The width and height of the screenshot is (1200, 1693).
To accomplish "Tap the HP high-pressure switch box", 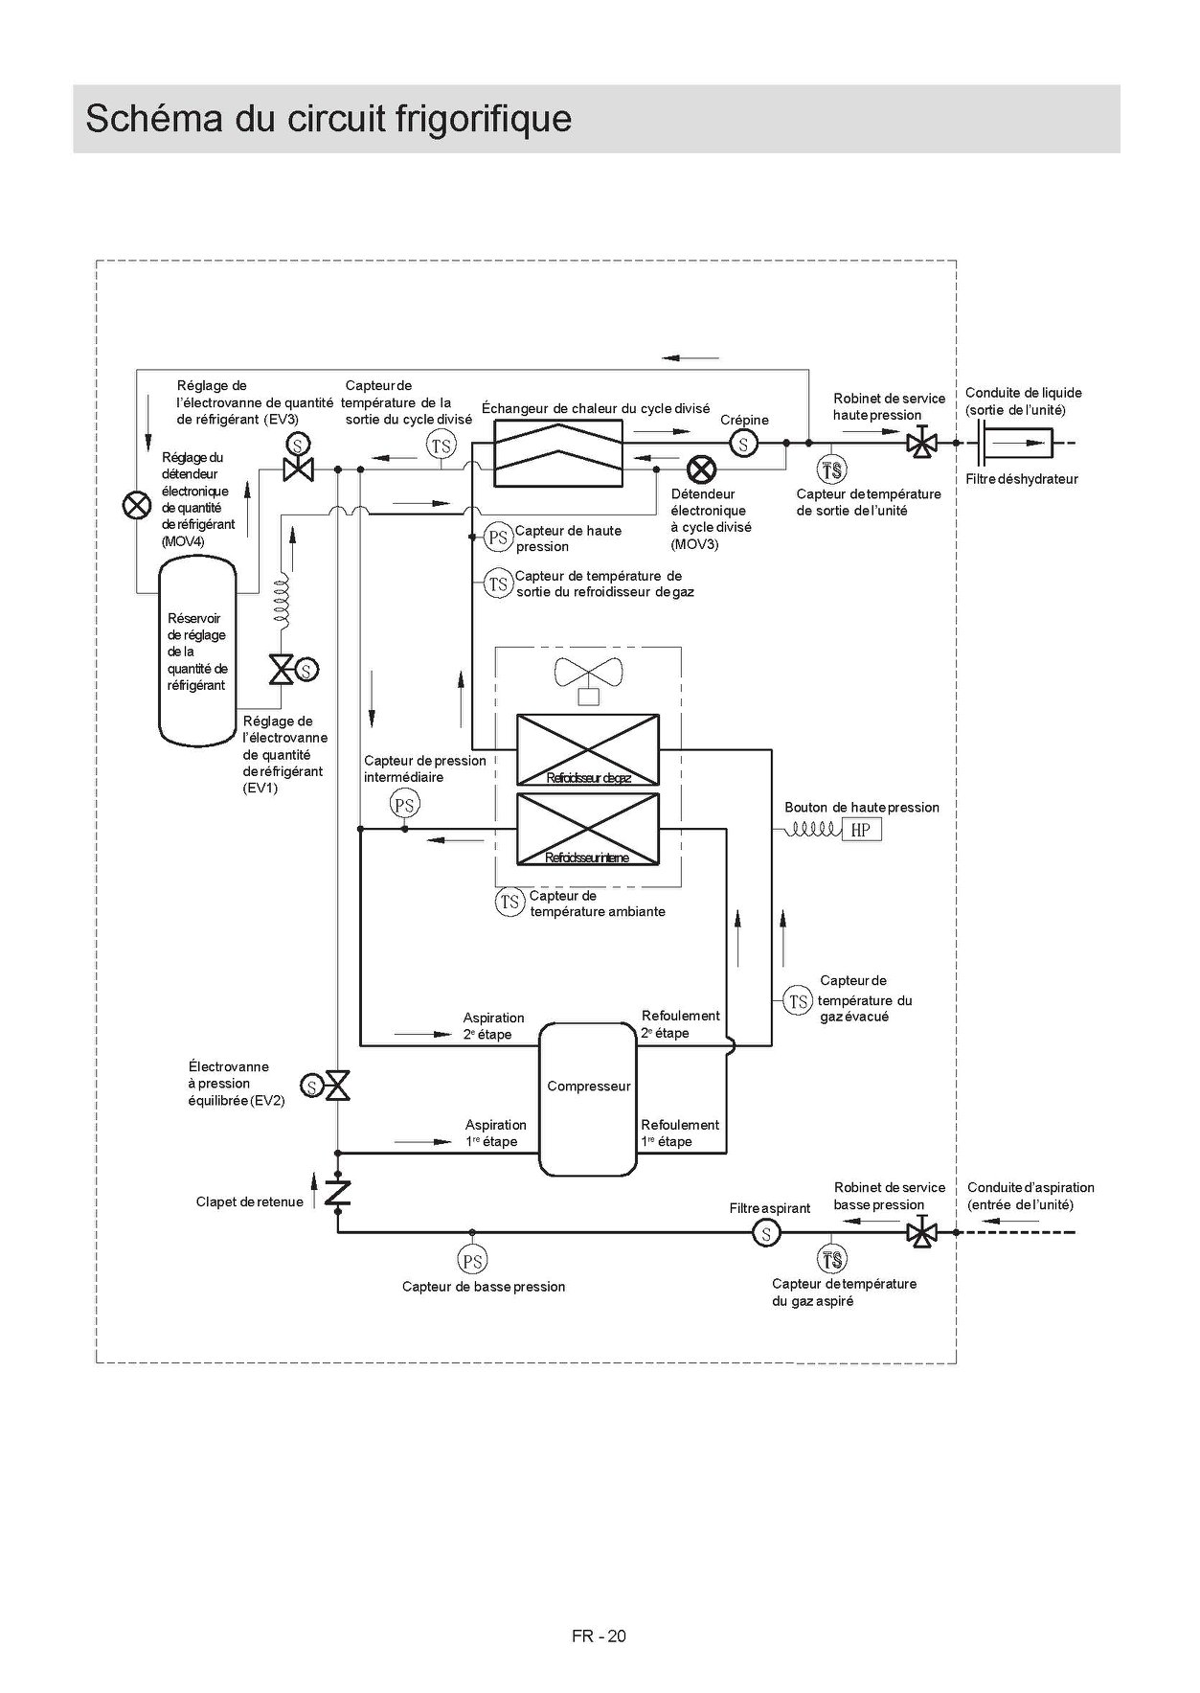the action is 861,830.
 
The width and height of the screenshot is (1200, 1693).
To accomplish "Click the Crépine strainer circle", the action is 743,444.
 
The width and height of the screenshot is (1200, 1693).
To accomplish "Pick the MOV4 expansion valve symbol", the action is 138,505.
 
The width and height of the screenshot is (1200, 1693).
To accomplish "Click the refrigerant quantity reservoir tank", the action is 197,652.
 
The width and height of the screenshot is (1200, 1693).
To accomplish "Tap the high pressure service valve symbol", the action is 921,444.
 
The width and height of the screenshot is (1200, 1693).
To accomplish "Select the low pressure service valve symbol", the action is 921,1232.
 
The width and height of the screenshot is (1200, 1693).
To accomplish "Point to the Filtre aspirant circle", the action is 766,1233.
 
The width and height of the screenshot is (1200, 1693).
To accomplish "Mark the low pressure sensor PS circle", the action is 472,1260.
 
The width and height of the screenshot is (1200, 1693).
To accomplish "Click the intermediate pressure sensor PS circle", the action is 405,805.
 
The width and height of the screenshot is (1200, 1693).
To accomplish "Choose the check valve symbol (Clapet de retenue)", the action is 338,1193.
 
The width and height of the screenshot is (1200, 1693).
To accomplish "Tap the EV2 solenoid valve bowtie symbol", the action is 338,1086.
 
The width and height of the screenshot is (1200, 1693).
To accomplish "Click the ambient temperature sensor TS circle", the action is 509,902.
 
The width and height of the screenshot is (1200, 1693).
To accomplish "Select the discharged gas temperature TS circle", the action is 799,1001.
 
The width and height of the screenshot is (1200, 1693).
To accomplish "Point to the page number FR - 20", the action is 599,1636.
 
